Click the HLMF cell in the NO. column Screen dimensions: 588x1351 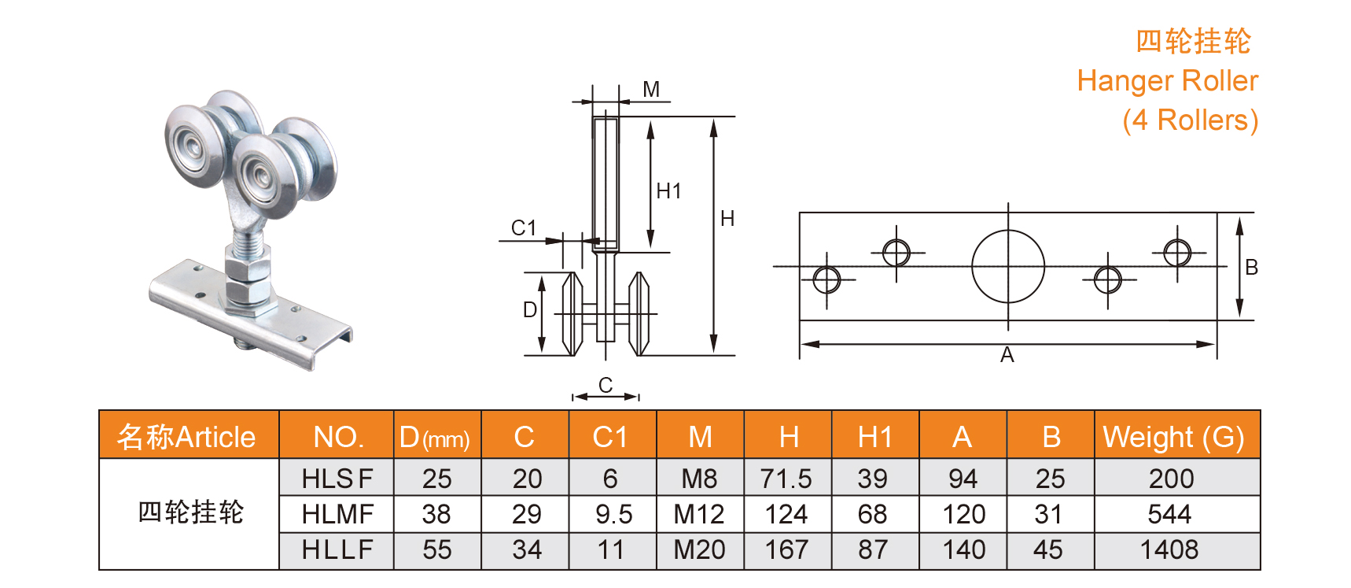pos(337,514)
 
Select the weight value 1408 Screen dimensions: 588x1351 pos(1169,549)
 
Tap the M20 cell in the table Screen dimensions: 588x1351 pos(699,549)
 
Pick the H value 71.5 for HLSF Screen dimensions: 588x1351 pos(786,479)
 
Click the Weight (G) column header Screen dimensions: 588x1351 pos(1173,437)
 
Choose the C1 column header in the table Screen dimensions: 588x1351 pos(610,437)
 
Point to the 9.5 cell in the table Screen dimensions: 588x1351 pos(613,514)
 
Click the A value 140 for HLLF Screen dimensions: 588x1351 pos(963,549)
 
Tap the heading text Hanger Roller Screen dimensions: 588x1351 pos(1167,81)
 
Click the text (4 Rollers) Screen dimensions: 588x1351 pos(1190,120)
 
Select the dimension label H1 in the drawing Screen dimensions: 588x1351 pos(668,191)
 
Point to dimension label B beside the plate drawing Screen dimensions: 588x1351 pos(1251,268)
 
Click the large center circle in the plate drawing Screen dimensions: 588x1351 pos(1008,266)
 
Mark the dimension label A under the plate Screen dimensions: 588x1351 pos(1007,356)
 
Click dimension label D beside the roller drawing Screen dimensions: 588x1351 pos(530,310)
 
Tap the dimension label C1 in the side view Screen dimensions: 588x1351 pos(524,228)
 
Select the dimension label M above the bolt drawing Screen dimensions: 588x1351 pos(651,90)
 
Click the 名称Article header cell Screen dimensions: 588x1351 pos(187,437)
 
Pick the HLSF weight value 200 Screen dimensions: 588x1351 pos(1171,479)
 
